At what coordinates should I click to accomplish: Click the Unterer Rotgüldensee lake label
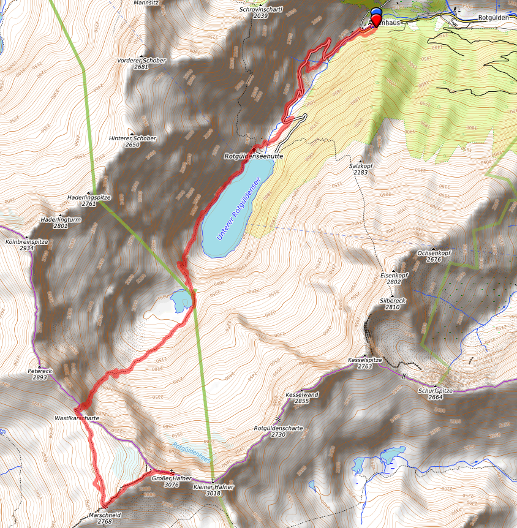click(x=240, y=207)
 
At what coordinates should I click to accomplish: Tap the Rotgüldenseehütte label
click(x=254, y=156)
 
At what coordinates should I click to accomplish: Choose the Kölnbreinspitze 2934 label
click(x=26, y=245)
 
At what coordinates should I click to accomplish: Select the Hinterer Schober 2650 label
click(x=132, y=141)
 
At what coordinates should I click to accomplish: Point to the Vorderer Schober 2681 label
click(x=141, y=63)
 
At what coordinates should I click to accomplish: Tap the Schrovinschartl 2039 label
click(x=261, y=12)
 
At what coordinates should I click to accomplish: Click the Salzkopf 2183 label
click(x=361, y=169)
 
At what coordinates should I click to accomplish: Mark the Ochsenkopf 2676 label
click(x=429, y=256)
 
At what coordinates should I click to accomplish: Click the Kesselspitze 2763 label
click(x=364, y=363)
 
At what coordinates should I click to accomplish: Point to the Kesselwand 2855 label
click(x=302, y=398)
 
